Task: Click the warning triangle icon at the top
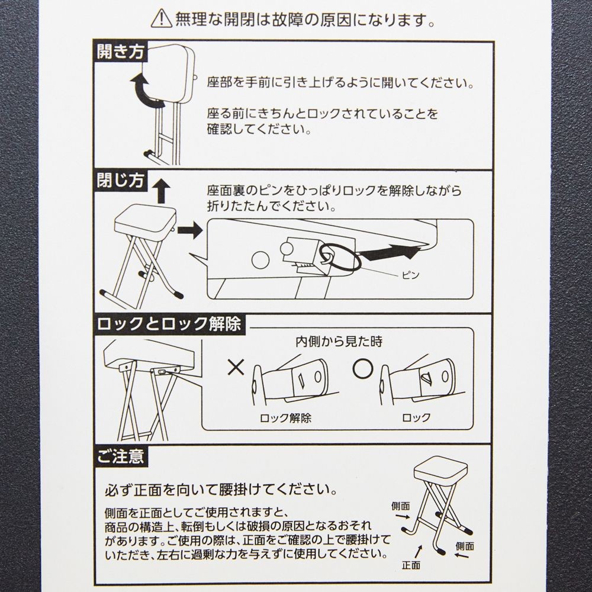click(162, 19)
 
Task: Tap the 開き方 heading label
click(120, 52)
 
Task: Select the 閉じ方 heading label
click(120, 181)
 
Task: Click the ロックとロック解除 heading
click(169, 324)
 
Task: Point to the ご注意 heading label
click(120, 456)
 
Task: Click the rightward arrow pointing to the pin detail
click(190, 230)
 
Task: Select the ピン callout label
click(410, 275)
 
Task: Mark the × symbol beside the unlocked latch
click(236, 367)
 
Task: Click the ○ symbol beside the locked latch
click(363, 368)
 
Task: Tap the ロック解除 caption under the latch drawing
click(285, 418)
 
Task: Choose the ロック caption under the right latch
click(416, 417)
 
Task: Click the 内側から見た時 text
click(339, 342)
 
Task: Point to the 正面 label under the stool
click(411, 565)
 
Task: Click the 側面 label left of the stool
click(401, 506)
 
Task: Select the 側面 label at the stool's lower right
click(465, 546)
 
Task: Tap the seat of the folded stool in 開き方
click(169, 73)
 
